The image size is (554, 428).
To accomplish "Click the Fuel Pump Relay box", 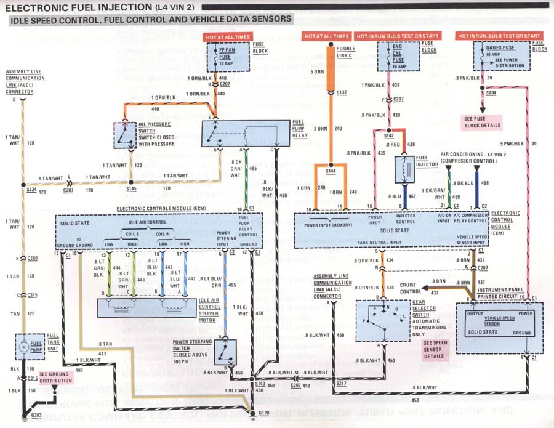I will [246, 134].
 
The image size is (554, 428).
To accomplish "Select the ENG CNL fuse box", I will [397, 58].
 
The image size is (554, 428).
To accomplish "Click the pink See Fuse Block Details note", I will [483, 122].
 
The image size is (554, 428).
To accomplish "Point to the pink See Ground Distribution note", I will [55, 377].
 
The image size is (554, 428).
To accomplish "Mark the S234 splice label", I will [31, 192].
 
